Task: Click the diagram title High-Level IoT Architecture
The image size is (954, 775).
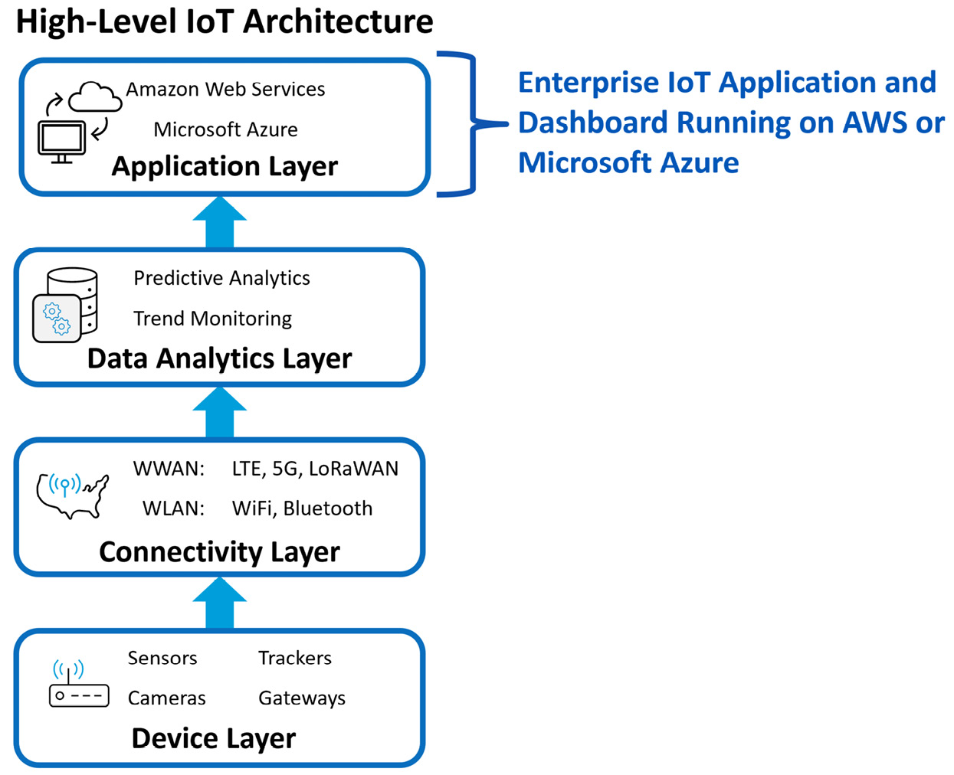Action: tap(225, 22)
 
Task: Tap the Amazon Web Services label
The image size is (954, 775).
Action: tap(225, 89)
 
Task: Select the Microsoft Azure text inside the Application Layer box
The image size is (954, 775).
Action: tap(225, 129)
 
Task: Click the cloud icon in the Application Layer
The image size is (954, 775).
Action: tap(95, 96)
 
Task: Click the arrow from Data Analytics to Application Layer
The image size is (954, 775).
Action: tap(219, 222)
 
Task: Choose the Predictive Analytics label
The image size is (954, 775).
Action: tap(221, 278)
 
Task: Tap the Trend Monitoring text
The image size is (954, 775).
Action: tap(213, 319)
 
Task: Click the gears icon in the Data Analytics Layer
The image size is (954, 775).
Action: tap(57, 318)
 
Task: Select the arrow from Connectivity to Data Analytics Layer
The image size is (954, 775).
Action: tap(219, 412)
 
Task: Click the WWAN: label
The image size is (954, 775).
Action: tap(169, 469)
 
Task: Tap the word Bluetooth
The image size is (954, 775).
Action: tap(328, 508)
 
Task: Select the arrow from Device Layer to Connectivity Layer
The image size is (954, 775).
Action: tap(219, 603)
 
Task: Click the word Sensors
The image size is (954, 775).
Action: tap(162, 658)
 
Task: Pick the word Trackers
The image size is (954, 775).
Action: tap(295, 658)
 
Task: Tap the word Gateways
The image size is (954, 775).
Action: tap(302, 698)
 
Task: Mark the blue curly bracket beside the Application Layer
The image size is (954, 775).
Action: tap(473, 124)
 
